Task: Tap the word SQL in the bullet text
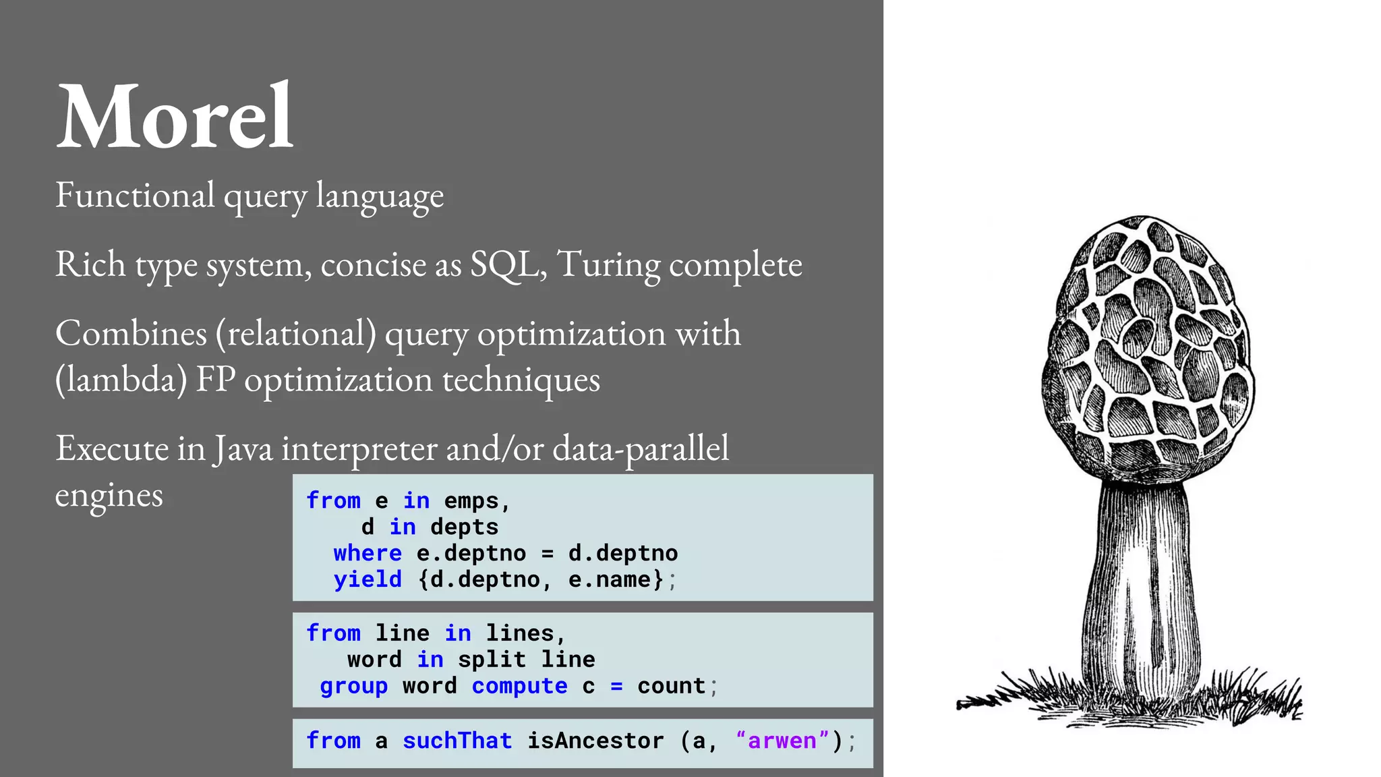pyautogui.click(x=507, y=264)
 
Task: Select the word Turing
pyautogui.click(x=609, y=265)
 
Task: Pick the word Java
pyautogui.click(x=243, y=449)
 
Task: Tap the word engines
pyautogui.click(x=109, y=496)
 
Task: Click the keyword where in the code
pyautogui.click(x=368, y=553)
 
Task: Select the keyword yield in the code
pyautogui.click(x=368, y=579)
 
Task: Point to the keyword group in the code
pyautogui.click(x=353, y=686)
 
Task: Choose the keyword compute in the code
pyautogui.click(x=519, y=686)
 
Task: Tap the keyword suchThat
pyautogui.click(x=457, y=741)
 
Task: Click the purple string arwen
pyautogui.click(x=782, y=741)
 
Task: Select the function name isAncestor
pyautogui.click(x=595, y=741)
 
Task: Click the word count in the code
pyautogui.click(x=671, y=686)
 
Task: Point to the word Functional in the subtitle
pyautogui.click(x=135, y=196)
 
